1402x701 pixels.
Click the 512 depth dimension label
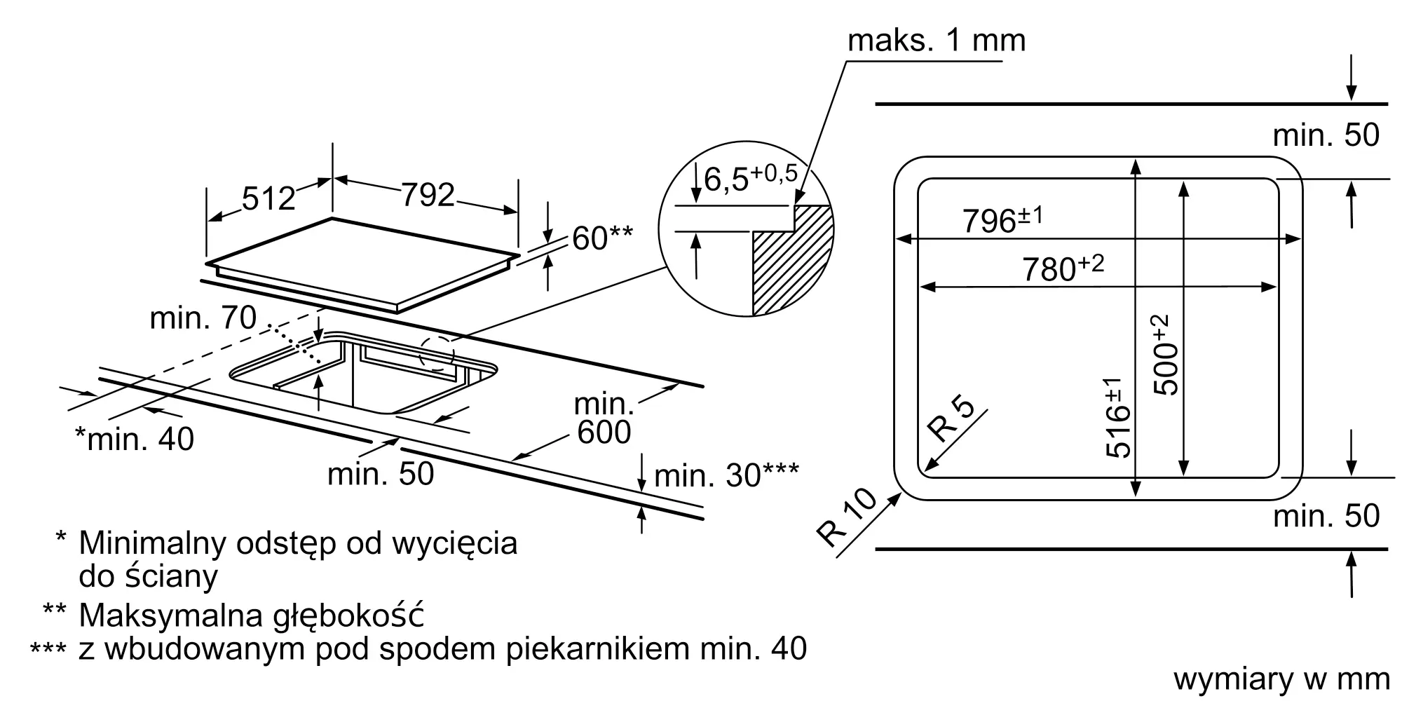[268, 198]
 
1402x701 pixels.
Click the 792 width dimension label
[428, 194]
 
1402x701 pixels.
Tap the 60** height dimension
[602, 238]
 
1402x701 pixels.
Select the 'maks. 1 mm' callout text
[937, 41]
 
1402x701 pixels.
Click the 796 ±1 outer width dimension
[1002, 219]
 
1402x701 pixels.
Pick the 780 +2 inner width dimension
[1063, 267]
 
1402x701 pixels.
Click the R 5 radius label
[951, 419]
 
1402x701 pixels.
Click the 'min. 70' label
[203, 318]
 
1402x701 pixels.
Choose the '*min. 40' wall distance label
[134, 439]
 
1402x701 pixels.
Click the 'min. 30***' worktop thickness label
[726, 476]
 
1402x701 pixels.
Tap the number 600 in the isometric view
[604, 432]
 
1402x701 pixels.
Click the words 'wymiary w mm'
[1281, 679]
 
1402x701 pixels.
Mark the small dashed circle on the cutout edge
[437, 353]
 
